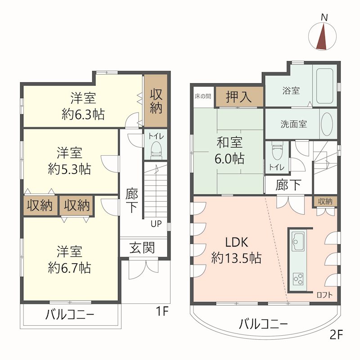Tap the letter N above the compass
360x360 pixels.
pyautogui.click(x=324, y=18)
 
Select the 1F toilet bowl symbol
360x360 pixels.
pyautogui.click(x=156, y=150)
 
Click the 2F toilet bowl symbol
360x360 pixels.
pyautogui.click(x=277, y=150)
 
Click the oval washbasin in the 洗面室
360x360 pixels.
pyautogui.click(x=327, y=124)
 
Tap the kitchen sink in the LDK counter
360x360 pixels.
pyautogui.click(x=299, y=241)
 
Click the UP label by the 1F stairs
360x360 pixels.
pyautogui.click(x=156, y=223)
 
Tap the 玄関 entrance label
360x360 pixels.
pyautogui.click(x=142, y=248)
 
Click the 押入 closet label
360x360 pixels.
pyautogui.click(x=239, y=97)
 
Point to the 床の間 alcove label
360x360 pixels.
pyautogui.click(x=203, y=96)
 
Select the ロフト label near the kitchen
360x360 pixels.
pyautogui.click(x=324, y=295)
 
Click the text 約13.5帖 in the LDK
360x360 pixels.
pyautogui.click(x=236, y=258)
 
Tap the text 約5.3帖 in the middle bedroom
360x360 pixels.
pyautogui.click(x=70, y=169)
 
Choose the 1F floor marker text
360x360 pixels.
pyautogui.click(x=162, y=311)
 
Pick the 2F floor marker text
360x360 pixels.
pyautogui.click(x=336, y=335)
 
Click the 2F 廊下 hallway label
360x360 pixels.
pyautogui.click(x=288, y=185)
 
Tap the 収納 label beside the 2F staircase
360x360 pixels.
pyautogui.click(x=325, y=201)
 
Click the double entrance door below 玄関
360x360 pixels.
pyautogui.click(x=144, y=269)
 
